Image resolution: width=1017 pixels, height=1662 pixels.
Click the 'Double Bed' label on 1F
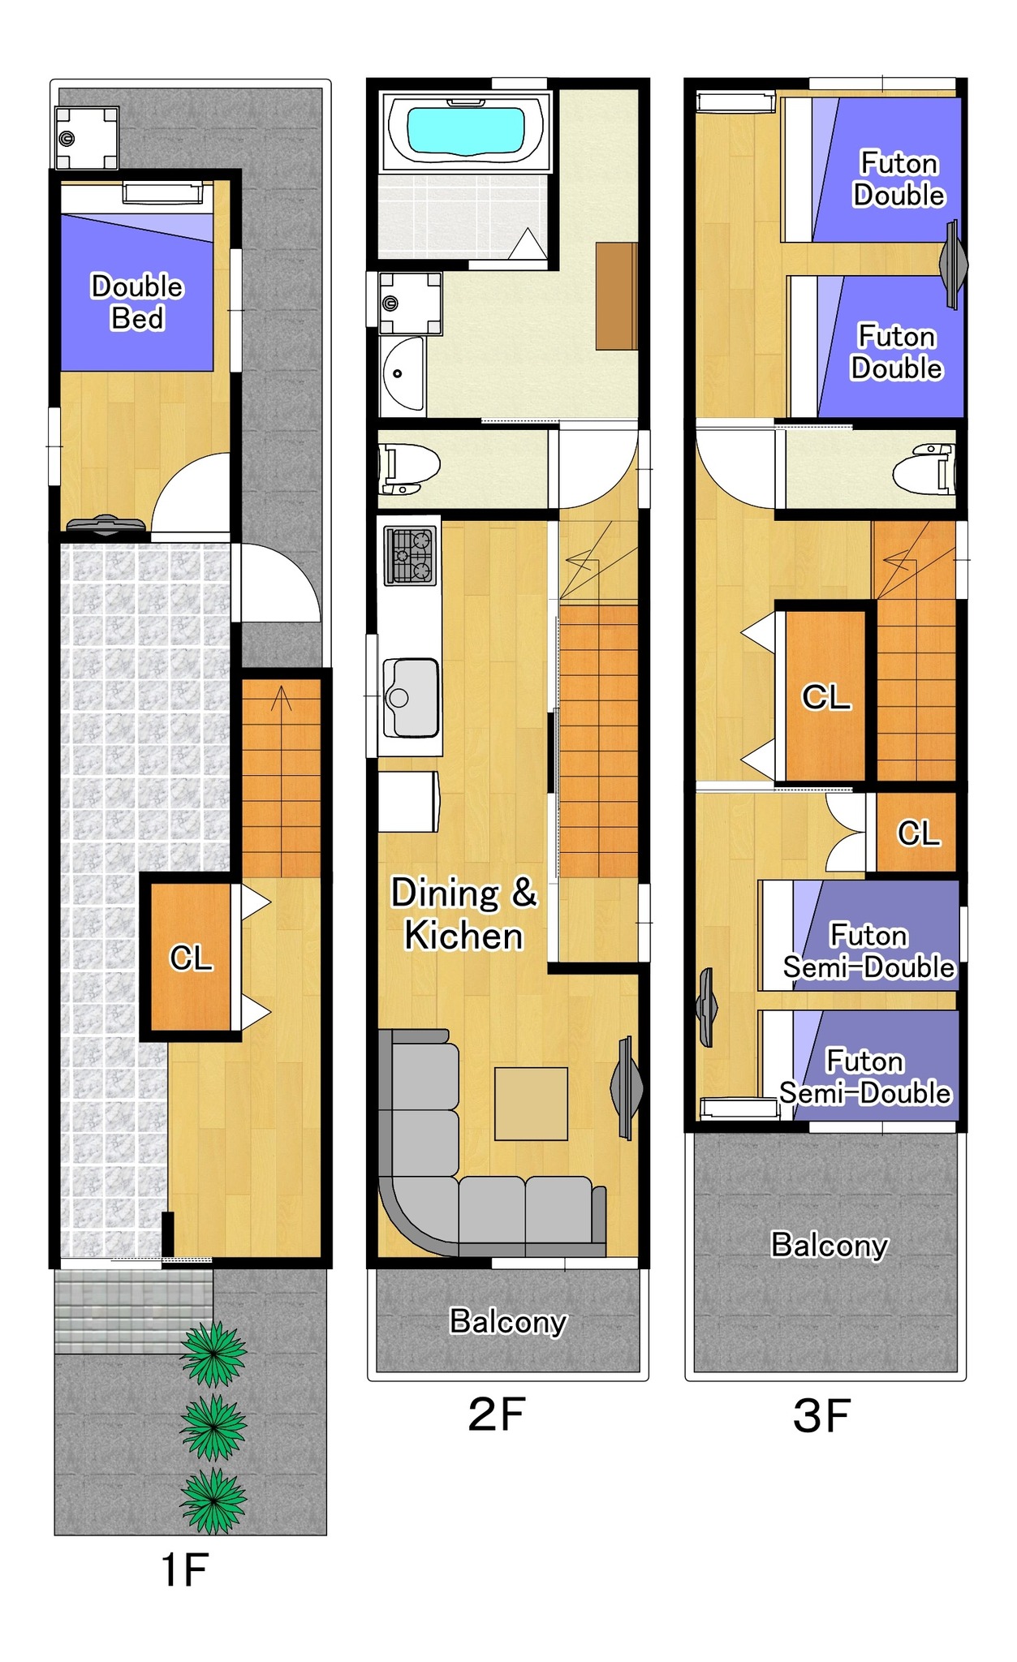coord(137,302)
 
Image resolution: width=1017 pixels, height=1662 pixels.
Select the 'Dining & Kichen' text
coord(464,914)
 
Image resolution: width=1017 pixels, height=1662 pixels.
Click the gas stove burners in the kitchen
coord(410,556)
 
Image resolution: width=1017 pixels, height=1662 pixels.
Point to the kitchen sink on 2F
coord(410,697)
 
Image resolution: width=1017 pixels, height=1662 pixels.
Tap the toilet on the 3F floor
coord(924,469)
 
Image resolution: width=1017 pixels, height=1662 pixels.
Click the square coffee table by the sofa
coord(531,1104)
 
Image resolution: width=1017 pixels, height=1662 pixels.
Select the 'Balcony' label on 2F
coord(508,1322)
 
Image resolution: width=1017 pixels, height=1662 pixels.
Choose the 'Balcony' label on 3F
coord(830,1245)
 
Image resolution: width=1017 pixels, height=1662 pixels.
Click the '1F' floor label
coord(184,1569)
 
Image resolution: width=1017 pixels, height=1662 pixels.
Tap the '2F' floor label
coord(497,1414)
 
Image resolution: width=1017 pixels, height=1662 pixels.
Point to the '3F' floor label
coord(821,1415)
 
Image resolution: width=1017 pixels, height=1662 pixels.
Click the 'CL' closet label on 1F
coord(191,958)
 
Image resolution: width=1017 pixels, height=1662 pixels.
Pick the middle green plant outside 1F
coord(213,1427)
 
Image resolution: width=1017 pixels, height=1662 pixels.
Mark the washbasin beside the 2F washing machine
coord(402,375)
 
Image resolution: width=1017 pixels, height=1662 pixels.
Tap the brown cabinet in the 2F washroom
coord(617,296)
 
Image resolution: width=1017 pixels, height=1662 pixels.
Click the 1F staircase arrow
coord(281,699)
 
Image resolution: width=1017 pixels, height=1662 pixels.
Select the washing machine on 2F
coord(411,304)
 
